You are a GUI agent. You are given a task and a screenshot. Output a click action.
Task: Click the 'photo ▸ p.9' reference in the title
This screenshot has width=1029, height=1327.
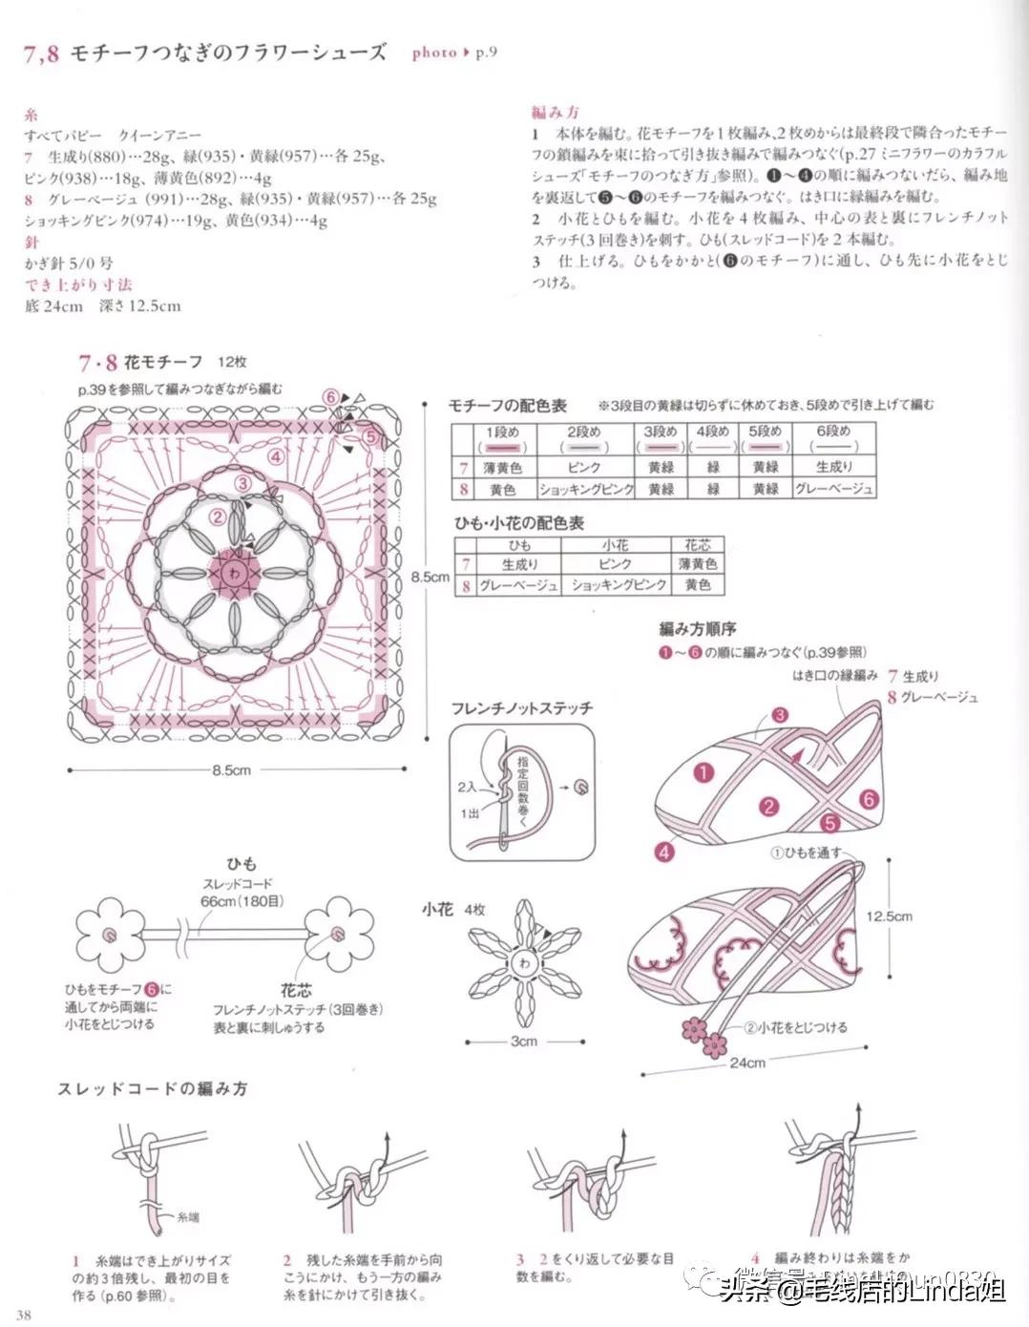tap(454, 53)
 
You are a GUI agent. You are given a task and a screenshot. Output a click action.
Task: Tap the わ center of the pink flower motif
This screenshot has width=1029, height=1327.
tap(233, 573)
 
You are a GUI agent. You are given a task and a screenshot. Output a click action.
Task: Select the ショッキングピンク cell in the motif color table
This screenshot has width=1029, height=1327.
tap(585, 489)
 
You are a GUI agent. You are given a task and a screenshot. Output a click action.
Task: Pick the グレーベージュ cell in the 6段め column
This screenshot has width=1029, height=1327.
tap(833, 489)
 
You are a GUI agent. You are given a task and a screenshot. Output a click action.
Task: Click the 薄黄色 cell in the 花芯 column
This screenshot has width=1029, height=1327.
tap(698, 564)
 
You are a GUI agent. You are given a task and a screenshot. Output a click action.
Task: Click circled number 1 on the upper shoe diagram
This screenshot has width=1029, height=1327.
tap(704, 772)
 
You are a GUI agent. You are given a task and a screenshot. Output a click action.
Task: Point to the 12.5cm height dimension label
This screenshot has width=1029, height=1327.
tap(889, 916)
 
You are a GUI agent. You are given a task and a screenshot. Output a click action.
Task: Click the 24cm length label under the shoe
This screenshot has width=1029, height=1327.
tap(748, 1062)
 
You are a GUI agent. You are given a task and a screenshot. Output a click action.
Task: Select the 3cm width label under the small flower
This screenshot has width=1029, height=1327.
tap(523, 1041)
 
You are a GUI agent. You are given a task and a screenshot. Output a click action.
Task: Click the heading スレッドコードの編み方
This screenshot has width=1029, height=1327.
tap(152, 1088)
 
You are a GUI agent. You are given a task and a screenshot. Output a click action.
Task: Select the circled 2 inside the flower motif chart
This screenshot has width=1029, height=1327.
tap(218, 517)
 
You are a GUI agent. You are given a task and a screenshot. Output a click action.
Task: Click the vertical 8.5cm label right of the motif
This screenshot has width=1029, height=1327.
tap(430, 577)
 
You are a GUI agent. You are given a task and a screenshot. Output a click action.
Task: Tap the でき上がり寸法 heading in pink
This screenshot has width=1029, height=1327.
tap(78, 284)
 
